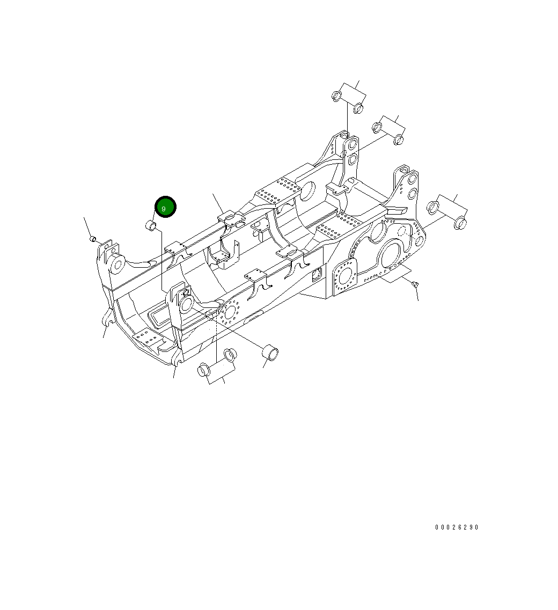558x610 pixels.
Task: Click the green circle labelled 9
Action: point(165,207)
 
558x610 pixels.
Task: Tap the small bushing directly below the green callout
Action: point(152,226)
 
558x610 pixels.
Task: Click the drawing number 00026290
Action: point(457,527)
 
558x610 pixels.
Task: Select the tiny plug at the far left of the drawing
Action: point(92,238)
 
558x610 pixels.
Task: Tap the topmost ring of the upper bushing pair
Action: point(337,97)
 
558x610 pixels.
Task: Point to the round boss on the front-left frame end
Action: point(118,263)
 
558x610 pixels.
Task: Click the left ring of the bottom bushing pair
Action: point(204,370)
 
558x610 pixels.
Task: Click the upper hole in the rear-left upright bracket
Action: point(353,144)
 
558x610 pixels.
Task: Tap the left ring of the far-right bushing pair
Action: point(433,207)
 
